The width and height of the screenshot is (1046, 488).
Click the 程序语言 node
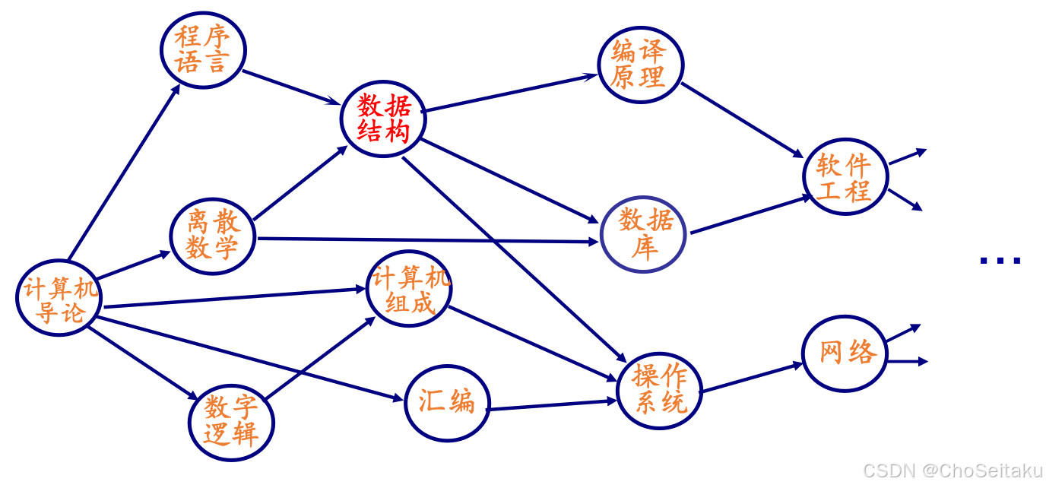(x=203, y=49)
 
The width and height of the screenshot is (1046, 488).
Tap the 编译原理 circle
(x=640, y=65)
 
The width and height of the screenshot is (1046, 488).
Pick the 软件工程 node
(x=845, y=176)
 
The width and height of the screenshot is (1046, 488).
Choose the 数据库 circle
(x=644, y=234)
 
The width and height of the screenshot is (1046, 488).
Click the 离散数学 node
(x=212, y=236)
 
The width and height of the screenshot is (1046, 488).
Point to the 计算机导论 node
(x=59, y=299)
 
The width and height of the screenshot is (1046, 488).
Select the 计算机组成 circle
(x=409, y=289)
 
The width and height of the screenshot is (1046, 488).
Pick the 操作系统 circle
(x=658, y=388)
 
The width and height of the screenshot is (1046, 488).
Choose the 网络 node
(x=845, y=353)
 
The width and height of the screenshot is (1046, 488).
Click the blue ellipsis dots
(x=1000, y=261)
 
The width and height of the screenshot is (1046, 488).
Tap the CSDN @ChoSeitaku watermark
(x=953, y=471)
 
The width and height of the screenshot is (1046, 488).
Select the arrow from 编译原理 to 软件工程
(x=741, y=119)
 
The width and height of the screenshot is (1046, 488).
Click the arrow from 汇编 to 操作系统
(x=551, y=405)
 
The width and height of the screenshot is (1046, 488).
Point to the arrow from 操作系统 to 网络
(x=751, y=378)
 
